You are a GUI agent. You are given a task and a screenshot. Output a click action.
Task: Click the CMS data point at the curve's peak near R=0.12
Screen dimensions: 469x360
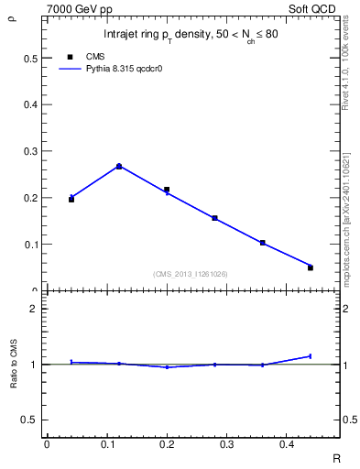pos(119,167)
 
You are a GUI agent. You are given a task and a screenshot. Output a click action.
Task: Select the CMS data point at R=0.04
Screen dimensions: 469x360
pos(71,199)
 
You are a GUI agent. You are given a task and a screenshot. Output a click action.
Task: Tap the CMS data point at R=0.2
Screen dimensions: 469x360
pos(167,190)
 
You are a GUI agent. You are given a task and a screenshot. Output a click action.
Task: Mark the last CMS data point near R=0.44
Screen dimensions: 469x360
pos(310,267)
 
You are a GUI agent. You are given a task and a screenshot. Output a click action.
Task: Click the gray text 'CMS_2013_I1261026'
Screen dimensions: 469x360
pos(191,274)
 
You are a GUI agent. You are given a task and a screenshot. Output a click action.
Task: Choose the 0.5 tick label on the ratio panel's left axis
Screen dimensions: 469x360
pos(32,420)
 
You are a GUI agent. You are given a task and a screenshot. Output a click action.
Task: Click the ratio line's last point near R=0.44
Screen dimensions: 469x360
pos(310,356)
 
